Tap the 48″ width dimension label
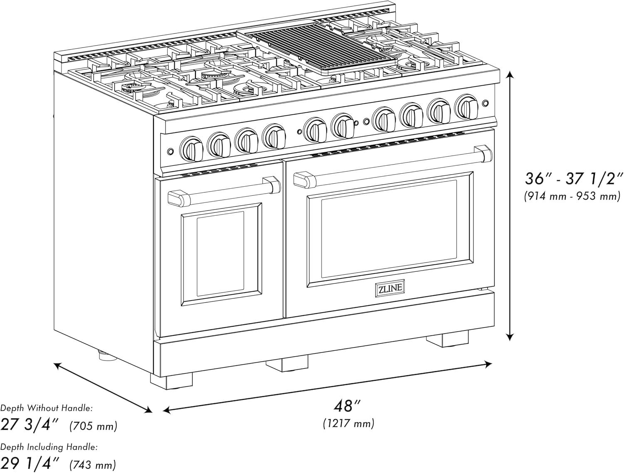click(347, 406)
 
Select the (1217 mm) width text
click(349, 424)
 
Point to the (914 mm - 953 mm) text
click(572, 196)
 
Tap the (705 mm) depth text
click(93, 426)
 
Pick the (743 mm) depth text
click(93, 463)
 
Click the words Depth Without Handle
click(46, 408)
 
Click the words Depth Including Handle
click(49, 447)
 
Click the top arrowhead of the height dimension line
click(510, 74)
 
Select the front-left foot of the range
click(171, 381)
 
